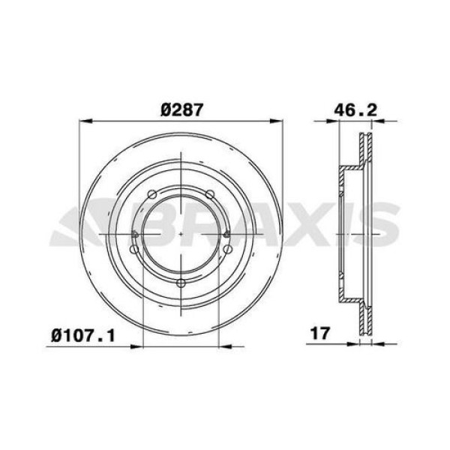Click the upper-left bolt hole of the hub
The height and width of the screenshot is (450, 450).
pyautogui.click(x=152, y=195)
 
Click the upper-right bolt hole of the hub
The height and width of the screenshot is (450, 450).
pyautogui.click(x=212, y=195)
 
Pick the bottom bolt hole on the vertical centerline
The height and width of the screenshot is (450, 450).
pyautogui.click(x=182, y=283)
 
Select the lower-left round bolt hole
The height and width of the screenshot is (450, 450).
pyautogui.click(x=135, y=249)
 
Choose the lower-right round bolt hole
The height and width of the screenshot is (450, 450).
pyautogui.click(x=229, y=249)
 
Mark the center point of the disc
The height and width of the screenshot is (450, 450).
pyautogui.click(x=182, y=233)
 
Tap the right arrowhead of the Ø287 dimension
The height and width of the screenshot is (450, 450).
pyautogui.click(x=280, y=119)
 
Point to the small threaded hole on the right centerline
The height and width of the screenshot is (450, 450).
pyautogui.click(x=227, y=234)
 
